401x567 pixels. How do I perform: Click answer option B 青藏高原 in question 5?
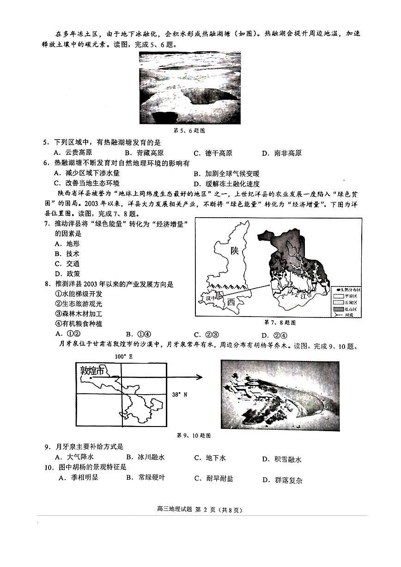[x=144, y=153]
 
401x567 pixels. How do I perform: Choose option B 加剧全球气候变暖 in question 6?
[x=226, y=174]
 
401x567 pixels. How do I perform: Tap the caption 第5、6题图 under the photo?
[x=189, y=131]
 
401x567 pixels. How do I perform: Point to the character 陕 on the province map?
[x=235, y=251]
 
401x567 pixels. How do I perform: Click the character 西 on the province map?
[x=232, y=302]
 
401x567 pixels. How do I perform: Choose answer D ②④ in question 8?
[x=274, y=335]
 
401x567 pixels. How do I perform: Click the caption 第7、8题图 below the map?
[x=279, y=322]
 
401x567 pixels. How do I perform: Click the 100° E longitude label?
[x=123, y=357]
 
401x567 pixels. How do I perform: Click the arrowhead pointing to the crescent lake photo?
[x=200, y=378]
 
